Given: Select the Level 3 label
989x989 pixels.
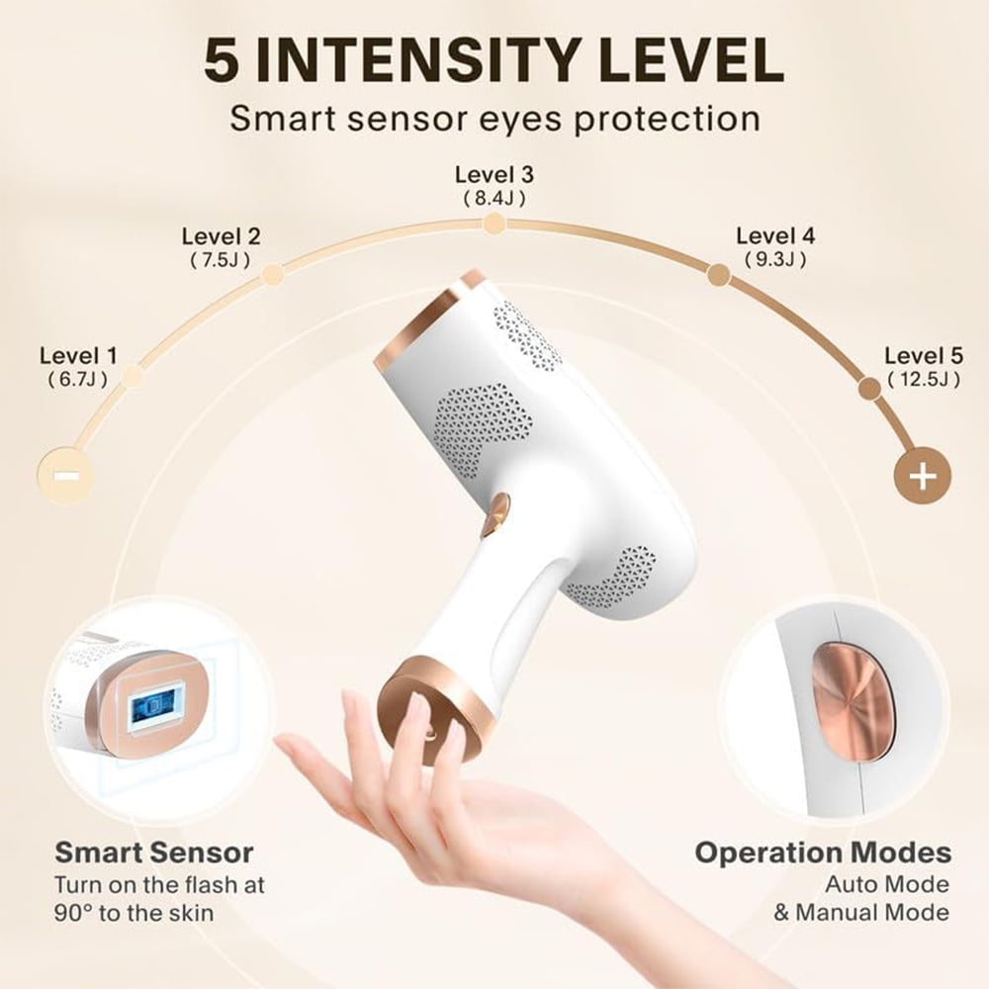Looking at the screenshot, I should [494, 174].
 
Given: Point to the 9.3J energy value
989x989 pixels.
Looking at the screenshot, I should [775, 260].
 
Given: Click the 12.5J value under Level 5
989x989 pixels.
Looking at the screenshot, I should [923, 380].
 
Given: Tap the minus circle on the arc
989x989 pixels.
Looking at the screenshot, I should [66, 476].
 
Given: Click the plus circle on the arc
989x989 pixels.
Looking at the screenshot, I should [922, 476].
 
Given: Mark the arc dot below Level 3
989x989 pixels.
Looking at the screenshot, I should [494, 224].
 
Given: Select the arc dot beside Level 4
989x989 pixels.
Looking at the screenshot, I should [719, 275].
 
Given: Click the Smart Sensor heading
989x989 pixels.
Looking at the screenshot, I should [153, 853].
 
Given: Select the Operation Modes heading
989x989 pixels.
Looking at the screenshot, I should [822, 853].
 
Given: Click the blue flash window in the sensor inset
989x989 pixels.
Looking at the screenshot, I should [151, 709].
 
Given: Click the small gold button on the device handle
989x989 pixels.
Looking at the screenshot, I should [496, 513].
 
